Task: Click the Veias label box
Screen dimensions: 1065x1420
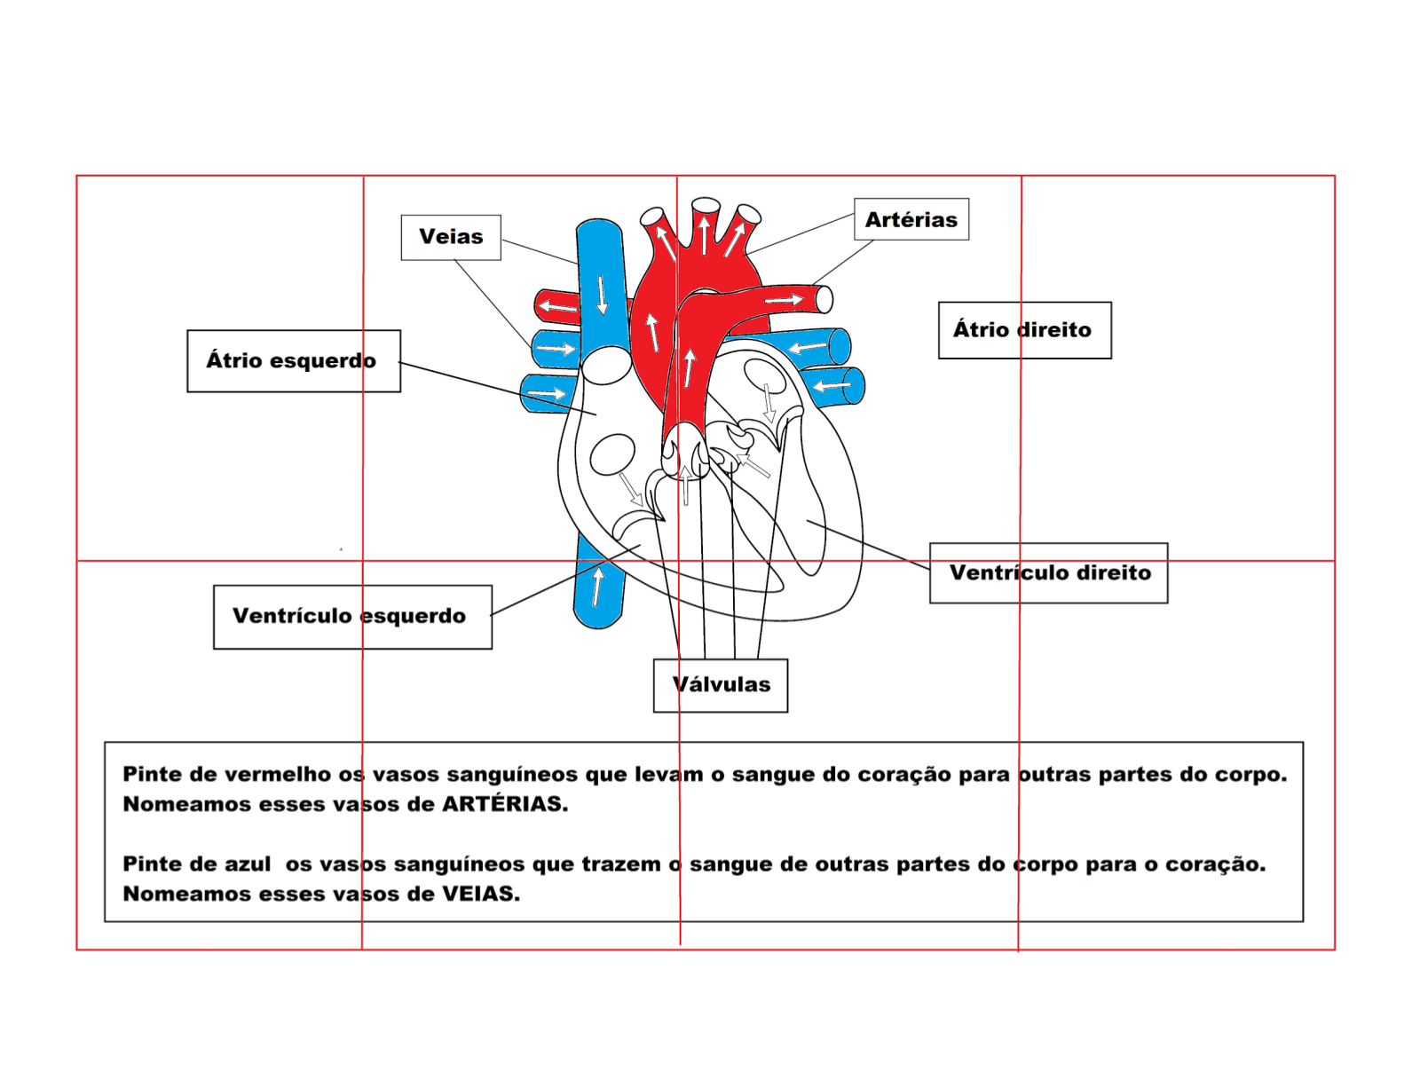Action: point(451,237)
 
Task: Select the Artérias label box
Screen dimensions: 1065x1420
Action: point(911,219)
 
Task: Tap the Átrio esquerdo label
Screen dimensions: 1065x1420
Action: point(293,360)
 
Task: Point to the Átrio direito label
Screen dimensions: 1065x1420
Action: point(1024,330)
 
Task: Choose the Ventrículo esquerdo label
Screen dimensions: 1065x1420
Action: point(351,616)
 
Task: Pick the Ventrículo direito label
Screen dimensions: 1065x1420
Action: point(1049,572)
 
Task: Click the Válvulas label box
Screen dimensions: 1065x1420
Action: point(721,684)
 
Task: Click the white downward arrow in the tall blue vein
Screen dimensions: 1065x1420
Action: point(602,295)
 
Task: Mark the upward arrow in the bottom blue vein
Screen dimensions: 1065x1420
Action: point(597,586)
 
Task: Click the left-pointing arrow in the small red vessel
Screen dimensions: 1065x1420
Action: point(557,307)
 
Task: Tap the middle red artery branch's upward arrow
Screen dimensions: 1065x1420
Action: point(704,235)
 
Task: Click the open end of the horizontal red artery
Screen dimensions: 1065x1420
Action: point(824,300)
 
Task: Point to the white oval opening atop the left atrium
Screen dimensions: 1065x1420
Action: point(607,365)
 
